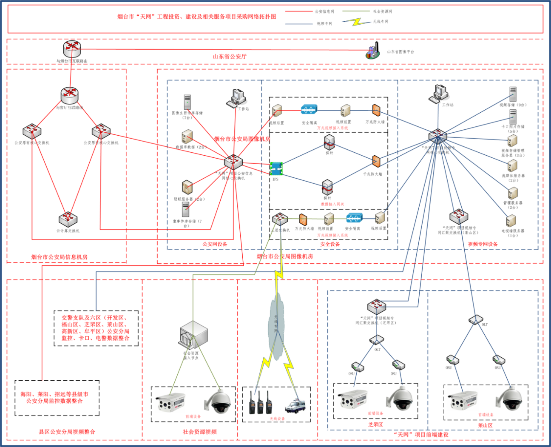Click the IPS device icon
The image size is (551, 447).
(x=276, y=168)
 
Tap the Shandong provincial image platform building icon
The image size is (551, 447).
(x=373, y=50)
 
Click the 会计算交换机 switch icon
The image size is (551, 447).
(x=68, y=219)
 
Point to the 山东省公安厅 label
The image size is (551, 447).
(x=230, y=56)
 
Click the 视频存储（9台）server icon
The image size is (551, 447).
(x=513, y=94)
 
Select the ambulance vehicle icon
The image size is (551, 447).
(x=295, y=405)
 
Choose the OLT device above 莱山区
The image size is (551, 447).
(x=476, y=319)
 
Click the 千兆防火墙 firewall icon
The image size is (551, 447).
(x=376, y=162)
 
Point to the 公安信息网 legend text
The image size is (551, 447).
(x=324, y=11)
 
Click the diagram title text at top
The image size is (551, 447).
(x=197, y=17)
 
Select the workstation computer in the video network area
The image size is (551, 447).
(x=438, y=94)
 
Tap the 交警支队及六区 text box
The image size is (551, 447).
(x=96, y=328)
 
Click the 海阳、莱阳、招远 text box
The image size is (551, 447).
(x=57, y=398)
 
